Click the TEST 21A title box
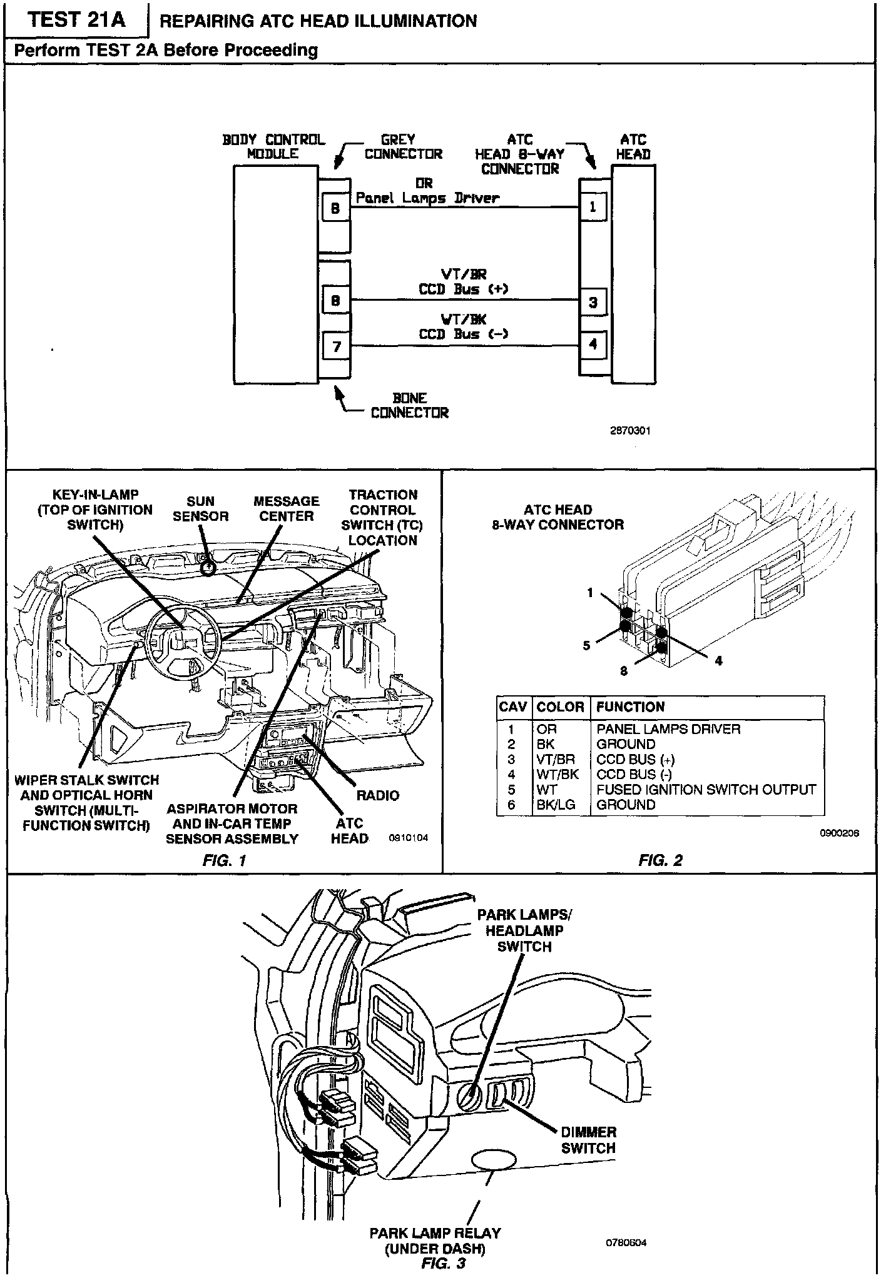click(77, 21)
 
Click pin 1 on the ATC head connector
click(593, 207)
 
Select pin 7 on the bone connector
click(336, 346)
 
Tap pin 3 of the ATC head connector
click(593, 303)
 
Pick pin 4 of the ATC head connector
click(593, 344)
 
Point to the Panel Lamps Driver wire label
click(428, 198)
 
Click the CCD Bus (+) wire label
click(463, 289)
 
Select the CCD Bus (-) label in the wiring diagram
click(463, 334)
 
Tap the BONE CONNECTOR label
click(410, 405)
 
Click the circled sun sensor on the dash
click(208, 566)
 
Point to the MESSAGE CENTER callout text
click(286, 508)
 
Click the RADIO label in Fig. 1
click(377, 795)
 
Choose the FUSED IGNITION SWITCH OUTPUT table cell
click(706, 790)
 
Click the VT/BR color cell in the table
click(556, 760)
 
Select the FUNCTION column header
click(630, 707)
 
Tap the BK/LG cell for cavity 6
click(556, 805)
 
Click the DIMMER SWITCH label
click(588, 1140)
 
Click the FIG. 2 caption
click(660, 860)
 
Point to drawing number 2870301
click(630, 431)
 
